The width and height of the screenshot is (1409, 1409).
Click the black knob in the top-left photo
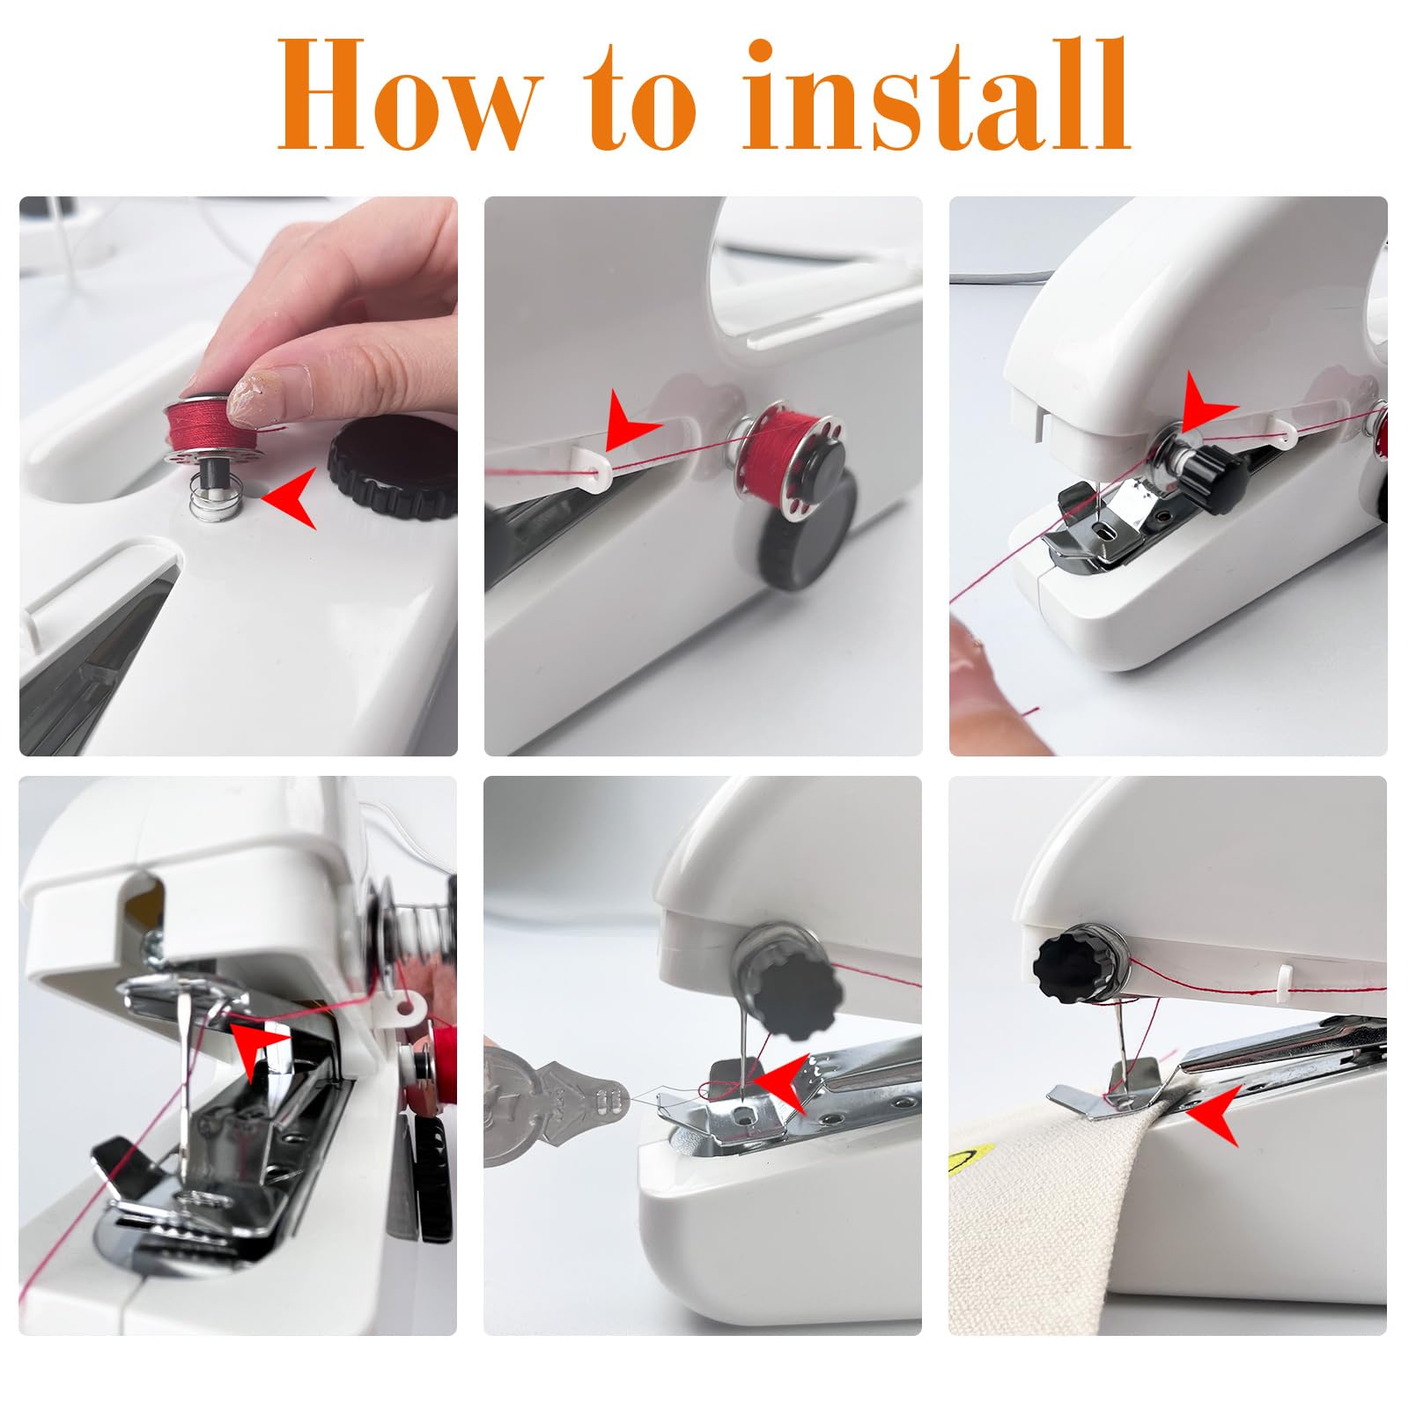(393, 466)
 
